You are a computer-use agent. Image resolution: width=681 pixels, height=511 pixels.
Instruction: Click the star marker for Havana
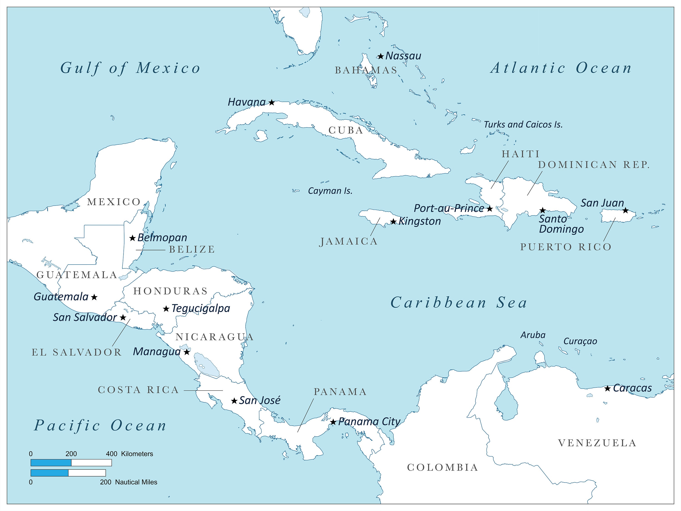(271, 102)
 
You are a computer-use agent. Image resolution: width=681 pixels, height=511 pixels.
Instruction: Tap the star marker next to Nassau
(381, 56)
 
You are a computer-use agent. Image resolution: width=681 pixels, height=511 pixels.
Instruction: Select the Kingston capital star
(393, 221)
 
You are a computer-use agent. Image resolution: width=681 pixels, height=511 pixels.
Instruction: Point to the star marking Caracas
(607, 388)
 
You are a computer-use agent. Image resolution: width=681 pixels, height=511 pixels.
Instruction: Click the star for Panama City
(333, 422)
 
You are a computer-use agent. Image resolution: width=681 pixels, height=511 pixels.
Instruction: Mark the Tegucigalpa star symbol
(166, 309)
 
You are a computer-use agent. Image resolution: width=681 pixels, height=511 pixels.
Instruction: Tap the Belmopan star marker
(132, 238)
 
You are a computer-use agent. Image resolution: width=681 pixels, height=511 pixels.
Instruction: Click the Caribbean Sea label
(459, 303)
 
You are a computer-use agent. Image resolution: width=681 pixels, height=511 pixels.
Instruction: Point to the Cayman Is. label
(330, 191)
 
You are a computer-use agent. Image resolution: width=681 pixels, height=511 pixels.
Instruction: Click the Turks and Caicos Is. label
(523, 124)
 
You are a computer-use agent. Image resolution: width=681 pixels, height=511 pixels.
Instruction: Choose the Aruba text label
(533, 335)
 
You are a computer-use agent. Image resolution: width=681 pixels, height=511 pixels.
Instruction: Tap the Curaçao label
(580, 341)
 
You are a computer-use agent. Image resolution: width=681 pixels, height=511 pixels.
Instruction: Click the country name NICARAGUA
(215, 337)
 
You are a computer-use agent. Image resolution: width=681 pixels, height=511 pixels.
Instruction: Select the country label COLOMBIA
(442, 468)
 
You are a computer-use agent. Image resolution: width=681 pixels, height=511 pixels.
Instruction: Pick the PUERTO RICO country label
(565, 247)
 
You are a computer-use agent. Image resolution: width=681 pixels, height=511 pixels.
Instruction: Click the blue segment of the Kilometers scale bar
(51, 463)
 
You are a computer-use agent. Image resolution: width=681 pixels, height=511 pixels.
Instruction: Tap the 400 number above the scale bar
(111, 454)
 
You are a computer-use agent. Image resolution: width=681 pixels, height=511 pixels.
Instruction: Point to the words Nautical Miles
(136, 482)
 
